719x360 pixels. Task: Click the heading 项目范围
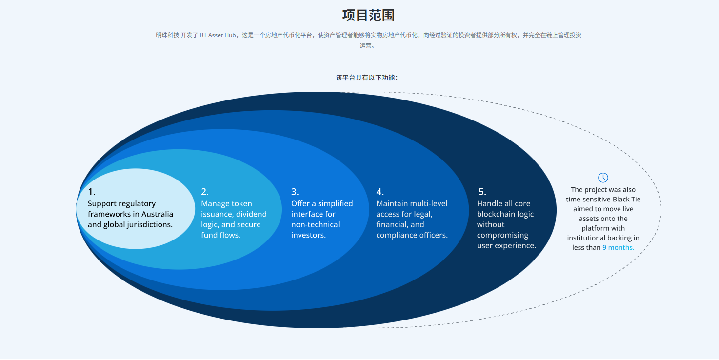point(368,15)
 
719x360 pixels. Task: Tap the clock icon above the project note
point(603,178)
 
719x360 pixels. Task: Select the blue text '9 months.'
point(618,247)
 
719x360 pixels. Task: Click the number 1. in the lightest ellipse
point(92,192)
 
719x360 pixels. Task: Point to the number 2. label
point(205,192)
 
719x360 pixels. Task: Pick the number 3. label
point(295,192)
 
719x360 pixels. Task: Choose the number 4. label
point(380,192)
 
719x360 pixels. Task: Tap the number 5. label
point(481,192)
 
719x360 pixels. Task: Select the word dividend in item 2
point(251,214)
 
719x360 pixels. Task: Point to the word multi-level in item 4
point(429,203)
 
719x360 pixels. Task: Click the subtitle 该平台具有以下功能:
point(366,78)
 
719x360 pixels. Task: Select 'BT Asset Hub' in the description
point(218,35)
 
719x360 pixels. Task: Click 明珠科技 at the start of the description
point(167,35)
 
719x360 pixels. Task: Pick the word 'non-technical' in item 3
point(316,224)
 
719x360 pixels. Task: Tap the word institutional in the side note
point(587,238)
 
